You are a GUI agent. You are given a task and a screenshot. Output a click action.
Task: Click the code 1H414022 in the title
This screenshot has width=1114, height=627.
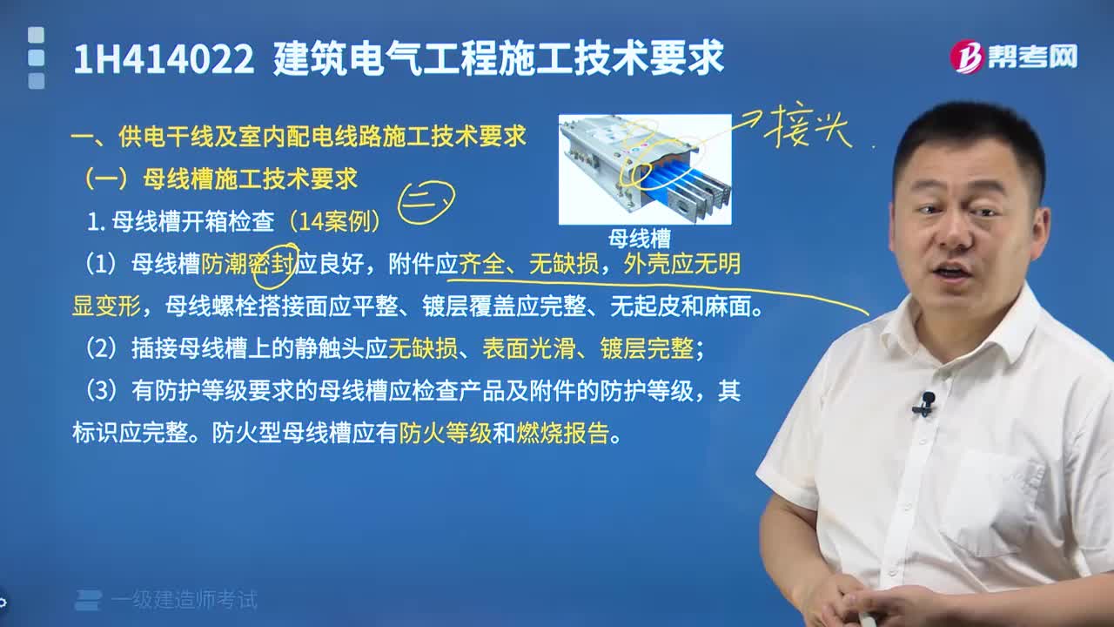tap(164, 59)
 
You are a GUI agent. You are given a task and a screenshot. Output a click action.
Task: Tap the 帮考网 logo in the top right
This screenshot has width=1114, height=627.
tap(1013, 57)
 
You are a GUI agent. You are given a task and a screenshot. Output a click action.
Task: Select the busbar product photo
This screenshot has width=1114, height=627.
tap(644, 169)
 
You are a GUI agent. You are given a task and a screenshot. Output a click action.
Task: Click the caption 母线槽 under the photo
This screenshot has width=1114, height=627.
tap(640, 238)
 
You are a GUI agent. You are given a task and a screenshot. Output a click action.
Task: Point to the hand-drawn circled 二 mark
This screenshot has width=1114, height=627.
tap(426, 201)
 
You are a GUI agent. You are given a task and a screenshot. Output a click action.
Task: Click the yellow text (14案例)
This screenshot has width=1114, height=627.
tap(333, 222)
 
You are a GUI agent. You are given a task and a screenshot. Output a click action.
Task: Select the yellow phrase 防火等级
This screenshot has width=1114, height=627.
tap(446, 434)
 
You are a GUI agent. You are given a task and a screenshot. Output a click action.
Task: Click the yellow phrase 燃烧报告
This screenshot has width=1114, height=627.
tap(562, 434)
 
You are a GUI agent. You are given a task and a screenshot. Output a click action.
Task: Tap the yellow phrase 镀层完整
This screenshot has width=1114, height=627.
tap(647, 349)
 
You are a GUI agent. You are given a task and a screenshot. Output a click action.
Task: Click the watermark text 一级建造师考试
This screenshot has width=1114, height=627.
tap(185, 600)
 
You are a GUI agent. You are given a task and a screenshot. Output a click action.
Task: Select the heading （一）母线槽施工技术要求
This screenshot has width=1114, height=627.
tap(219, 179)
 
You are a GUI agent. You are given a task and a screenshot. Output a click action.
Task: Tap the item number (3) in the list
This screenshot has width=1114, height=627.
tap(101, 392)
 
